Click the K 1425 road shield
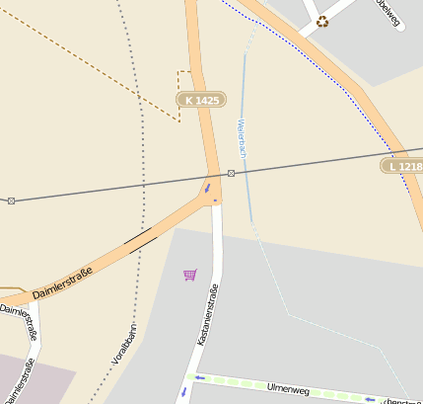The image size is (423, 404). click(x=202, y=100)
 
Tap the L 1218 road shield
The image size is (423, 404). click(x=404, y=166)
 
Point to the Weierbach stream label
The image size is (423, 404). click(x=241, y=139)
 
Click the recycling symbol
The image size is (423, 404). click(x=322, y=22)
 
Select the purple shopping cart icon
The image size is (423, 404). click(x=189, y=275)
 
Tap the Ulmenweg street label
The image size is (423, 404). click(x=289, y=389)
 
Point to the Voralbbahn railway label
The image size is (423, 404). click(x=124, y=347)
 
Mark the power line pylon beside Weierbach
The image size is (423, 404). click(x=231, y=173)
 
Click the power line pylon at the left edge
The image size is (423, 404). click(x=11, y=201)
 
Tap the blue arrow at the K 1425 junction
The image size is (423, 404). click(x=207, y=187)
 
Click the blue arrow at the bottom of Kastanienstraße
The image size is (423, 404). click(x=181, y=392)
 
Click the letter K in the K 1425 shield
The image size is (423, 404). click(x=188, y=100)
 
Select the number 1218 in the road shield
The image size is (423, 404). click(x=410, y=166)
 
